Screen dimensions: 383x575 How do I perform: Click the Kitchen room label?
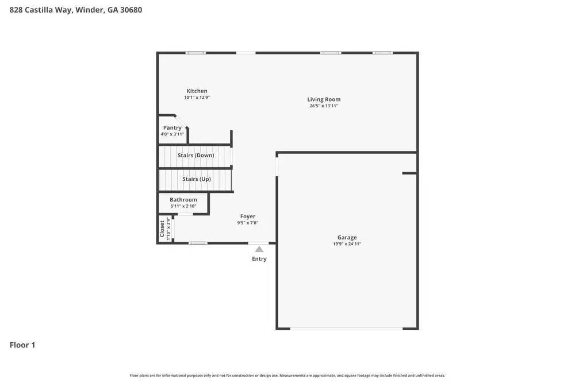click(197, 91)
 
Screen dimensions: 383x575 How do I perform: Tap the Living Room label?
click(324, 99)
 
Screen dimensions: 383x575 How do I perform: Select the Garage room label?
click(347, 237)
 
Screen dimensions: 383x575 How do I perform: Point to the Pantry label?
click(172, 127)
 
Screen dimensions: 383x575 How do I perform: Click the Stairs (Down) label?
click(195, 155)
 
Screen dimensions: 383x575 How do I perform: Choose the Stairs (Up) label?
click(197, 179)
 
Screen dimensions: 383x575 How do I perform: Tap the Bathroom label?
click(183, 200)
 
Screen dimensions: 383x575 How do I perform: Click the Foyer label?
click(248, 216)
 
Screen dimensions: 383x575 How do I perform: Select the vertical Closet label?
click(162, 229)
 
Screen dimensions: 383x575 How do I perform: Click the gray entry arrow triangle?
click(259, 249)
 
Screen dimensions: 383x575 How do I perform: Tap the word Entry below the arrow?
click(259, 259)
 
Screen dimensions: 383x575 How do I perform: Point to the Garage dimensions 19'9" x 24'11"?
click(347, 244)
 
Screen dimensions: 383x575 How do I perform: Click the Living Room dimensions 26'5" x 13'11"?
click(324, 106)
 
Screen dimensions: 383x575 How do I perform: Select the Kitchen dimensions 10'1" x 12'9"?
click(197, 98)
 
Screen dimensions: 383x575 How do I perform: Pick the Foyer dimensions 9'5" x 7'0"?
click(248, 223)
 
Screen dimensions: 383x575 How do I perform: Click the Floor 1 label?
click(22, 345)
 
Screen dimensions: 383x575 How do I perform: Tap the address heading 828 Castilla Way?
click(75, 10)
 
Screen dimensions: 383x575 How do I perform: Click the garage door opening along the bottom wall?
click(346, 328)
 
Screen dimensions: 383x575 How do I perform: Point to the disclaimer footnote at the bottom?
click(287, 376)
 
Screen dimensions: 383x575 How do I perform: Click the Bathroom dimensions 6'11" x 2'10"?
click(183, 206)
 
